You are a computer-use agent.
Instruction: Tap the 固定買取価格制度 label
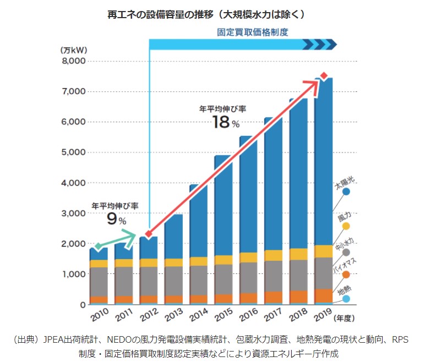pos(253,32)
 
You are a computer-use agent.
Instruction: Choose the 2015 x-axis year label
pos(222,319)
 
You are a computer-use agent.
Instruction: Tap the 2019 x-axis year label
pos(322,319)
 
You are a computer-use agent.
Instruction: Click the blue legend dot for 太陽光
pos(346,191)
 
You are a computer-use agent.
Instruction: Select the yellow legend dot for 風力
pos(346,226)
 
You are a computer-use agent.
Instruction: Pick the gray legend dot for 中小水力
pos(346,252)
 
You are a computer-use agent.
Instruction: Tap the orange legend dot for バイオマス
pos(346,275)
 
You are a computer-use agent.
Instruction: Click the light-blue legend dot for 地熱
pos(346,299)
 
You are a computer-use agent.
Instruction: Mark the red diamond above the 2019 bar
pos(324,75)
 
